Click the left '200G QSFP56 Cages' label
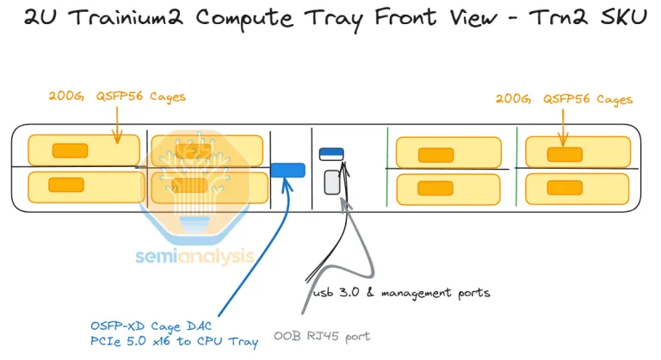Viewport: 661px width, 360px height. [117, 97]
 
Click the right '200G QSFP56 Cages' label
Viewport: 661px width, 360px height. [564, 100]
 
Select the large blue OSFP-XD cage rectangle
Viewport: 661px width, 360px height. [287, 170]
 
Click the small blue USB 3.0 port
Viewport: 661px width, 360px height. [331, 154]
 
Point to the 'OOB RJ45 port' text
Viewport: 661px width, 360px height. [322, 336]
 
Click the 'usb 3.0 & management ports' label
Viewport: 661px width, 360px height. [400, 293]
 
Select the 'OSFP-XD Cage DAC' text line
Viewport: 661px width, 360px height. [148, 326]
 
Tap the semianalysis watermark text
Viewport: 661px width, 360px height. [195, 255]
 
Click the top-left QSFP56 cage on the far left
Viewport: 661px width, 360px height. [83, 151]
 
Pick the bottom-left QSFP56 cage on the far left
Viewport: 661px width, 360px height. [83, 186]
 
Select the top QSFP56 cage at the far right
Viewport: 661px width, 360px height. [572, 152]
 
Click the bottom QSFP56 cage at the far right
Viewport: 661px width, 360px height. [572, 186]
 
